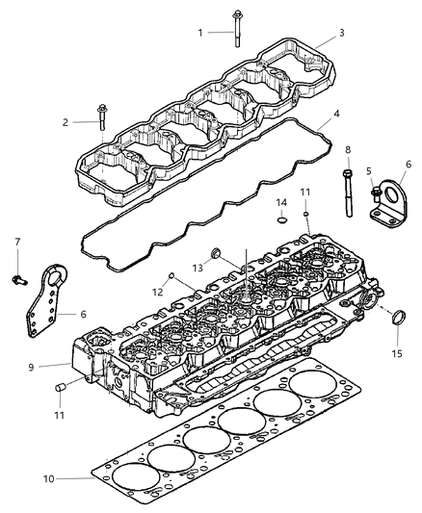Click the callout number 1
tap(200, 33)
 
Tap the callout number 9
tap(58, 366)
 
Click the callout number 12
tap(156, 292)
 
